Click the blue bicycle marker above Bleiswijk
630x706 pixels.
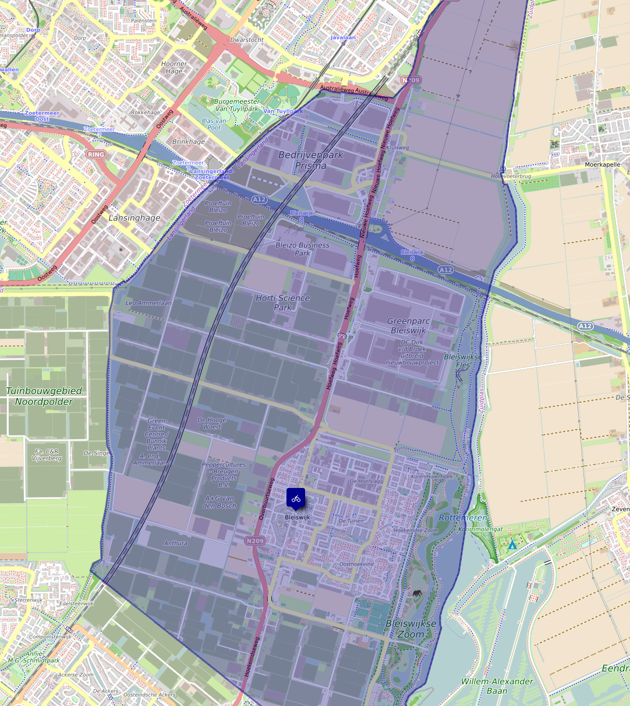[296, 498]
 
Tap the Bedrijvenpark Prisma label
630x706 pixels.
[311, 160]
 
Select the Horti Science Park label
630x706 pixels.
[283, 303]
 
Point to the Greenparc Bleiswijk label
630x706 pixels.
[408, 325]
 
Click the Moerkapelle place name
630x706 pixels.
[603, 165]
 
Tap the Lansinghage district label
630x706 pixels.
[135, 217]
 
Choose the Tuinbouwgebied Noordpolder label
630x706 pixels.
[44, 396]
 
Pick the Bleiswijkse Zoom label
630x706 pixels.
[411, 628]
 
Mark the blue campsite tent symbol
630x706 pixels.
[512, 545]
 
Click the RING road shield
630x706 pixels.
[96, 154]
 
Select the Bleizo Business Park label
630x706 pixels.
[302, 249]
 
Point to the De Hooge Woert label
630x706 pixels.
[212, 423]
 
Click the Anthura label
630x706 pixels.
[175, 543]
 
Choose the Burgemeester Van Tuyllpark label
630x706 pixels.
[237, 105]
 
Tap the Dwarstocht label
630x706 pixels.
[247, 40]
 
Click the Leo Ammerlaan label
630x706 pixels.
[148, 303]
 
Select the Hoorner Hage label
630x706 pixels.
[174, 68]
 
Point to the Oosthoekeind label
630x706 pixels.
[356, 564]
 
